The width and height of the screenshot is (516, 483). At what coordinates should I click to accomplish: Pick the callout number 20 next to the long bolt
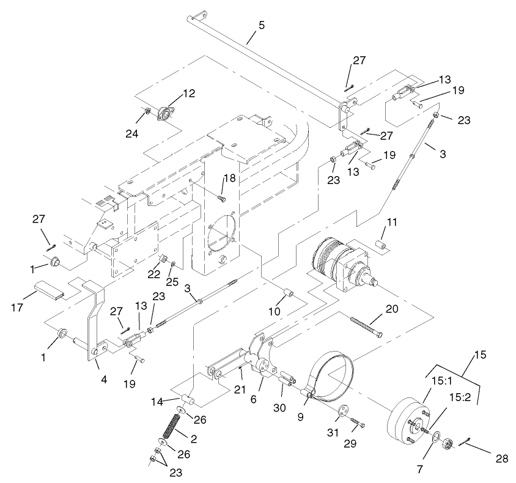[x=393, y=309]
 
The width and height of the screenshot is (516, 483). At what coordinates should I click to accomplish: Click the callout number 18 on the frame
[x=229, y=178]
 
